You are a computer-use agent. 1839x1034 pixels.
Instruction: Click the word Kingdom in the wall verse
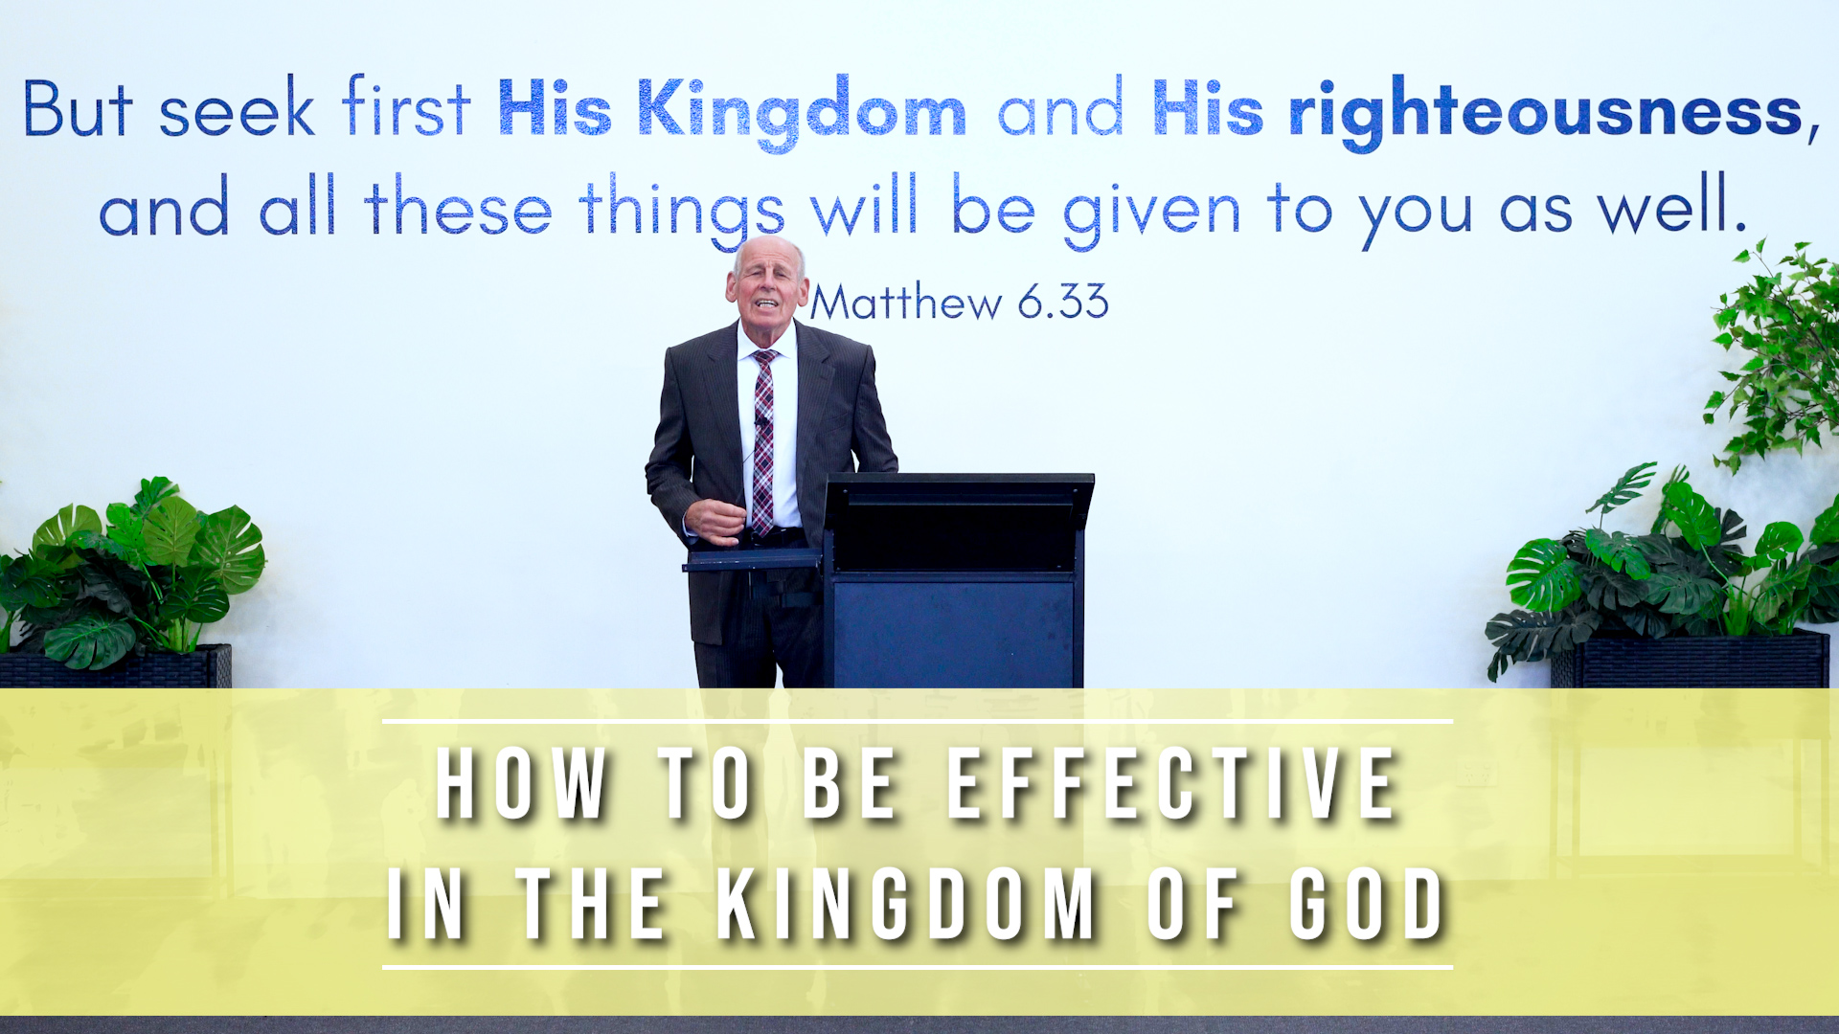(802, 113)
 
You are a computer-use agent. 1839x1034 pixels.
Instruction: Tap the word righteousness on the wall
(1546, 113)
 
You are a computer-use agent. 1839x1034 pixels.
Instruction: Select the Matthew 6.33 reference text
(960, 303)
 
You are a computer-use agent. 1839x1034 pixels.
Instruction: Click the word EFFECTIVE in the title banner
(1172, 785)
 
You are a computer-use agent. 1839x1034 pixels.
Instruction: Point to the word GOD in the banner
(1367, 905)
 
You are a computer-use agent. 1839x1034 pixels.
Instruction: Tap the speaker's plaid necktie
(763, 441)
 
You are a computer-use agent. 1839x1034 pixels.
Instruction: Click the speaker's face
(766, 283)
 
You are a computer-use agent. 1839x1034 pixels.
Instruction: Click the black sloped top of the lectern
(959, 498)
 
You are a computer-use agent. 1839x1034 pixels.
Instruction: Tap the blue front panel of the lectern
(954, 632)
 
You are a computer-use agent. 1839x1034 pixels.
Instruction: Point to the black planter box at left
(116, 666)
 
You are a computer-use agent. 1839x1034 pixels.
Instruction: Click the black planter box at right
(1691, 660)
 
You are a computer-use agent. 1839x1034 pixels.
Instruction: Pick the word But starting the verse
(77, 108)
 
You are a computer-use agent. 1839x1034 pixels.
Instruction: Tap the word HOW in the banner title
(522, 785)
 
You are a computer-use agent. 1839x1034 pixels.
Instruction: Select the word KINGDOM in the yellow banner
(906, 905)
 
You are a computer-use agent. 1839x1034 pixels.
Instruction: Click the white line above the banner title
(918, 721)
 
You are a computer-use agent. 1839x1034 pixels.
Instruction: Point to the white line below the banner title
(918, 967)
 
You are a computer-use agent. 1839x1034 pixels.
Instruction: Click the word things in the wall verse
(681, 209)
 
